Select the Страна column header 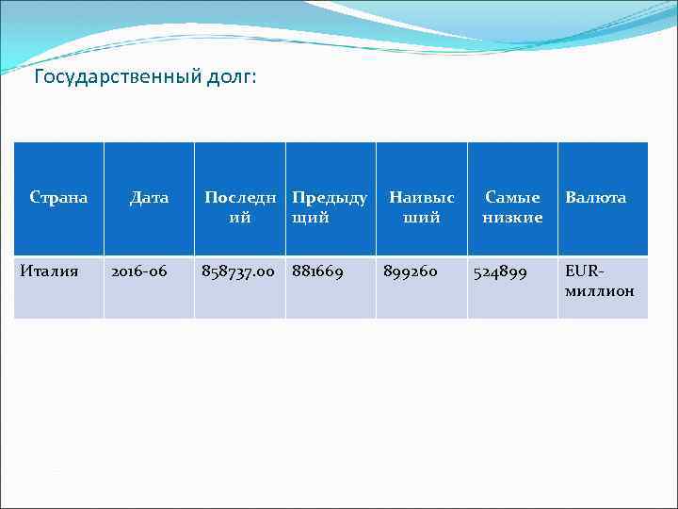(x=58, y=198)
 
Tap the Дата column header (x=149, y=198)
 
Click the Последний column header (x=240, y=207)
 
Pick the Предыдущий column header (x=330, y=207)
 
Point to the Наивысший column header (x=421, y=207)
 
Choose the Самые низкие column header (x=512, y=207)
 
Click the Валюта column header (x=595, y=198)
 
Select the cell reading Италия (x=49, y=271)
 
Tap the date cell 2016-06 (x=139, y=271)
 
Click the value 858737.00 (x=238, y=271)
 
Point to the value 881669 (x=317, y=271)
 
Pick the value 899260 (x=410, y=271)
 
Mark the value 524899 (x=499, y=271)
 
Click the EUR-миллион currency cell (x=600, y=281)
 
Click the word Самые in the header (x=512, y=198)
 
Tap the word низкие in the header (x=512, y=218)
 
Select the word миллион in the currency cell (x=600, y=291)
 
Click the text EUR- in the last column (x=583, y=271)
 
